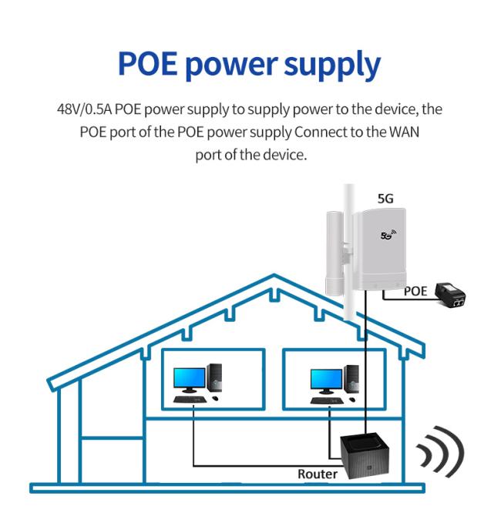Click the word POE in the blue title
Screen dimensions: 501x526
click(148, 63)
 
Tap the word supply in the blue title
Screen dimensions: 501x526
click(332, 65)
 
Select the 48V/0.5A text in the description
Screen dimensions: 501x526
click(84, 109)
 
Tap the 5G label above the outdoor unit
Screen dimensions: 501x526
click(385, 199)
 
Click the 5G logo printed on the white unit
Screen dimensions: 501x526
click(388, 234)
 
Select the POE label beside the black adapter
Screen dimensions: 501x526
click(415, 291)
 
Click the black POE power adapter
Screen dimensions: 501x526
click(450, 295)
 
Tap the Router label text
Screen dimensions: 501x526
click(318, 474)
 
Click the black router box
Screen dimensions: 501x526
click(365, 455)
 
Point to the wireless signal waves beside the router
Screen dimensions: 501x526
click(440, 451)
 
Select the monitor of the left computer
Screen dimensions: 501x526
click(190, 380)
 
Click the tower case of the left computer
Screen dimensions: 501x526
click(214, 377)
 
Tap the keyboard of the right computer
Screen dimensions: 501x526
click(327, 400)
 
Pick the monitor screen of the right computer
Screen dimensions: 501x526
click(326, 380)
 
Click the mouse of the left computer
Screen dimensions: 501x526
click(215, 398)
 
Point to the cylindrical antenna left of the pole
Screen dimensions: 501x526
click(335, 253)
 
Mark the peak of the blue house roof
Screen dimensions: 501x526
click(274, 275)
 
